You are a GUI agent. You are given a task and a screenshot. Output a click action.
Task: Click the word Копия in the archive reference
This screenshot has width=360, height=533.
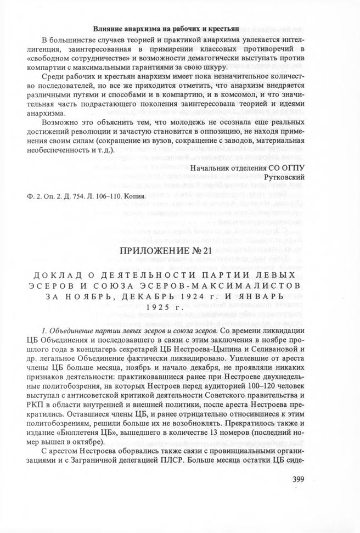134,196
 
